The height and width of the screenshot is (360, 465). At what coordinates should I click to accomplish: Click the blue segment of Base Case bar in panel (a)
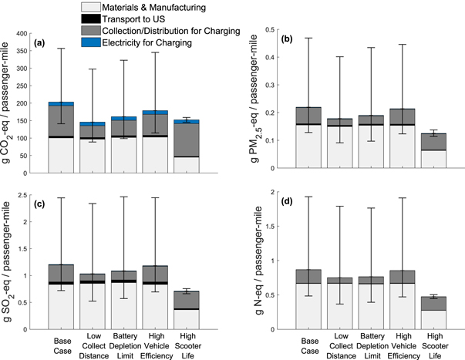62,103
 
